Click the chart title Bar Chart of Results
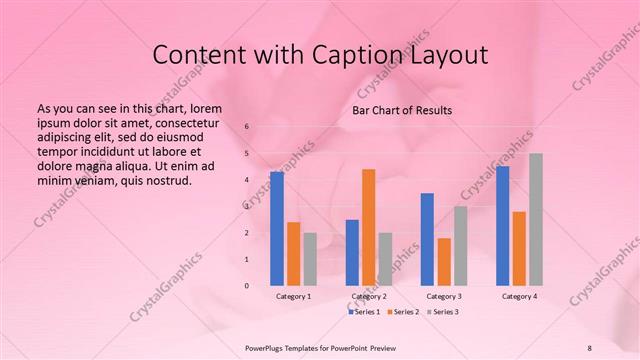[401, 110]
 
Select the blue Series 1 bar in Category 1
[277, 229]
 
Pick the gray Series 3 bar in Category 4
[535, 219]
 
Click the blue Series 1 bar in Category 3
[427, 239]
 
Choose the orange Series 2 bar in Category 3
[443, 261]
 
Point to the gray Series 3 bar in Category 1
[310, 259]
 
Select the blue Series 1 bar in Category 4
[502, 225]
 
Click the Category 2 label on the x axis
[368, 296]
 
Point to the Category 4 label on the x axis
[519, 296]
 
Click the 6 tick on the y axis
[247, 127]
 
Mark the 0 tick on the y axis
[247, 286]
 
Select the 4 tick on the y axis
[247, 180]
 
